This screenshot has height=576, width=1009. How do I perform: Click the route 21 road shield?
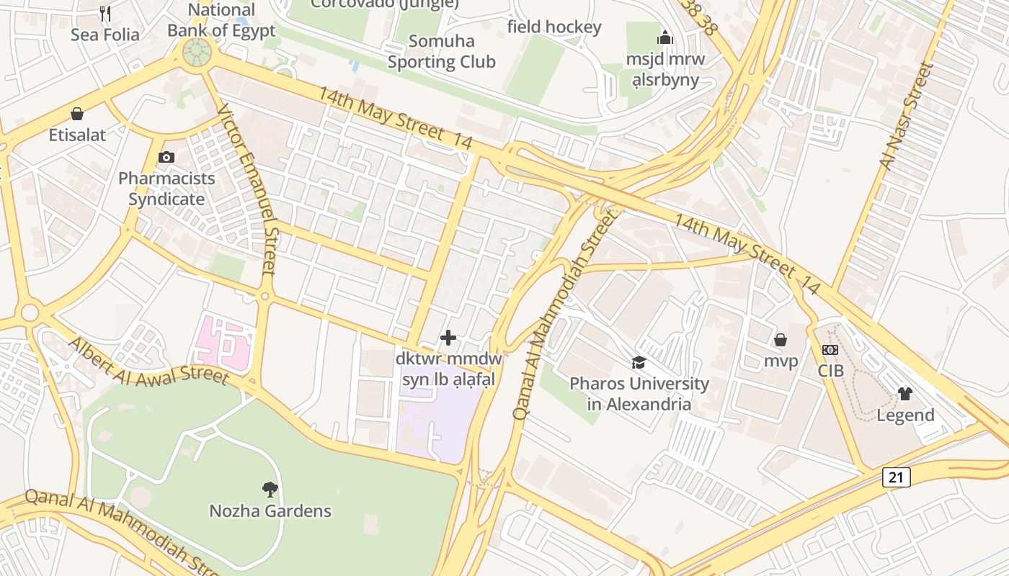(896, 477)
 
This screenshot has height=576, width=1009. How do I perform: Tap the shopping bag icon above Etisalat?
(77, 114)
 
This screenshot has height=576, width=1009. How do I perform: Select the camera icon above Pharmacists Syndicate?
(166, 157)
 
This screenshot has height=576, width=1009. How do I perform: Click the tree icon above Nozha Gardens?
(270, 490)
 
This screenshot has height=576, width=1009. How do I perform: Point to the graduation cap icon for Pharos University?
(639, 362)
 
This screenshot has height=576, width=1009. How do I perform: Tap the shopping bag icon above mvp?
(781, 339)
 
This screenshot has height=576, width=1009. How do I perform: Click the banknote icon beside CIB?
(830, 350)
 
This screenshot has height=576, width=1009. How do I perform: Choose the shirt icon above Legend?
(905, 393)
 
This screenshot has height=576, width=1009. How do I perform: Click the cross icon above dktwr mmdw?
(448, 337)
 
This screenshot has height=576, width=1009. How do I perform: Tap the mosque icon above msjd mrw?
(664, 37)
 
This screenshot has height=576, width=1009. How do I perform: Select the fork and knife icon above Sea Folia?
(105, 13)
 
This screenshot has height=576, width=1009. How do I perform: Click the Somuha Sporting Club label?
(441, 52)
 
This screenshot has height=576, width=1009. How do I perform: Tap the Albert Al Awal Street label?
(148, 360)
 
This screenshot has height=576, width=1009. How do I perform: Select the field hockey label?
(554, 27)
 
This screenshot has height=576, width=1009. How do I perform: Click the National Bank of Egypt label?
(221, 20)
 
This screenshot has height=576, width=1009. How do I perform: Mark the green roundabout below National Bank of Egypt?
(197, 52)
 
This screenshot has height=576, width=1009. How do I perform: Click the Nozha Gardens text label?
(270, 511)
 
